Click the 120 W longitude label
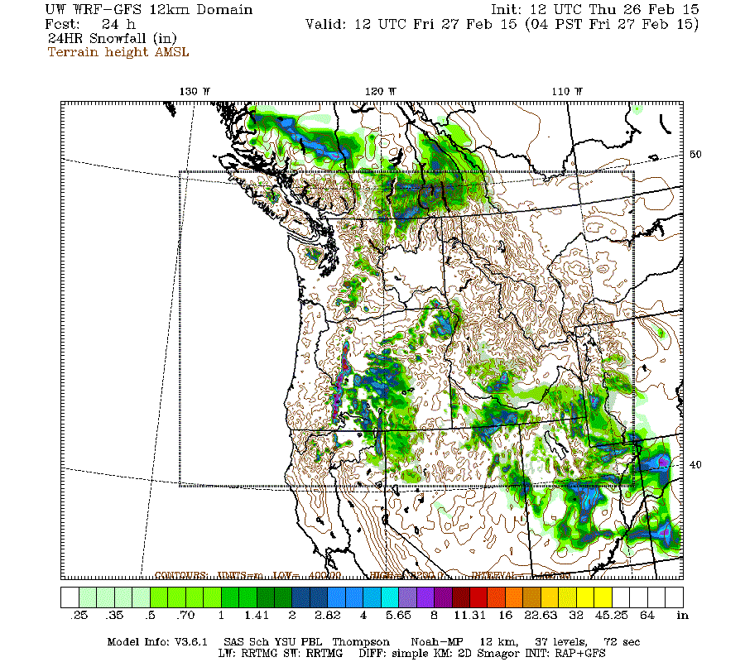(x=381, y=91)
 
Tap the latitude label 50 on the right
(x=695, y=155)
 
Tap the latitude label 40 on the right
(x=695, y=464)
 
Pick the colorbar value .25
(x=79, y=616)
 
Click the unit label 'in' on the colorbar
(x=682, y=616)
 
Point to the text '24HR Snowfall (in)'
(x=112, y=38)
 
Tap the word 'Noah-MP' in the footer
(x=435, y=641)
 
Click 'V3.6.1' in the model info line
(x=192, y=641)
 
